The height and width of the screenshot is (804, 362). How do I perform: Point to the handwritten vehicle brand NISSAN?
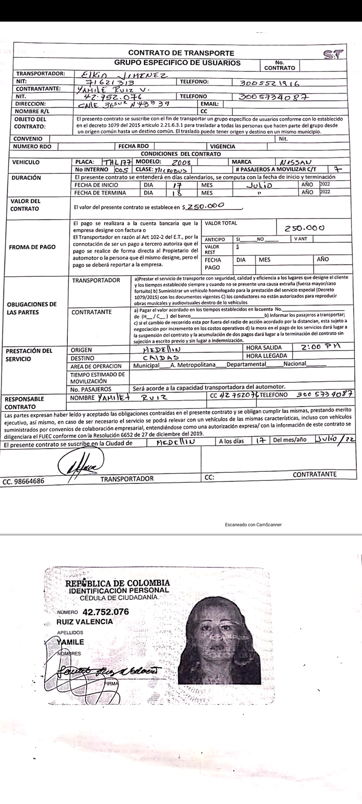pos(297,162)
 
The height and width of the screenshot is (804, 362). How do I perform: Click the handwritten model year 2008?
pos(179,162)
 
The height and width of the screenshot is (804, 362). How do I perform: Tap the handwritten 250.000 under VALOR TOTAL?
pos(304,228)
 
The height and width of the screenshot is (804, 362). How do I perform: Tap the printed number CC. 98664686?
pos(24,481)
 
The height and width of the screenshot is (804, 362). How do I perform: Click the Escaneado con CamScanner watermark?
pos(253,524)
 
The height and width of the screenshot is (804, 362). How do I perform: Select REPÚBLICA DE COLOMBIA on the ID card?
pos(117,583)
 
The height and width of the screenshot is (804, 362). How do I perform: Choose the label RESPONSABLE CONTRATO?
pos(25,402)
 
